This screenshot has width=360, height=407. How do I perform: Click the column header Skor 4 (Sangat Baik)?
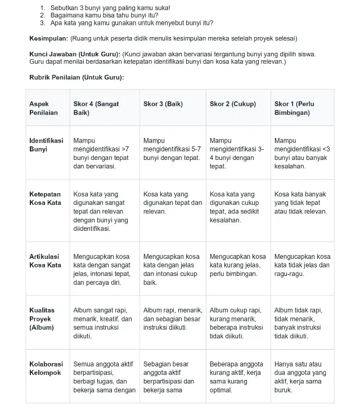click(x=96, y=108)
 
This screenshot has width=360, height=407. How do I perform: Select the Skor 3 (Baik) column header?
click(x=163, y=104)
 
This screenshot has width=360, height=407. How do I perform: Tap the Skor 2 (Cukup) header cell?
click(x=232, y=104)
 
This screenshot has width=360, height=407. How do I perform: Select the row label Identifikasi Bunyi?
click(x=46, y=145)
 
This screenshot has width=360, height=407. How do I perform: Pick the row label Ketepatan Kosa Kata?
click(x=45, y=198)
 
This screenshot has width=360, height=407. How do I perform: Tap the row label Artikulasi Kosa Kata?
click(x=45, y=261)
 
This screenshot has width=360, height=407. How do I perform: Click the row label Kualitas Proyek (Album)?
click(x=42, y=319)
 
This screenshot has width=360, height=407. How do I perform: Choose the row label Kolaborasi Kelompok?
click(x=45, y=368)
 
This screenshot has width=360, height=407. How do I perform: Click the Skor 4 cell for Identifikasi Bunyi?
click(x=101, y=153)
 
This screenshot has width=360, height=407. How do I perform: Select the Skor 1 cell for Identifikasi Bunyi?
click(x=302, y=153)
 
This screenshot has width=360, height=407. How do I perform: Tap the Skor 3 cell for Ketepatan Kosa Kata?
click(x=172, y=203)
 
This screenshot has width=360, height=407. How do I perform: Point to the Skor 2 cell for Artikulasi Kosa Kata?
click(x=237, y=265)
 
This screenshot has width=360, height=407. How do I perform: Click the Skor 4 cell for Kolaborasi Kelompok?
click(x=104, y=377)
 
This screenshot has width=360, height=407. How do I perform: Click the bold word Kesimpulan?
click(x=49, y=38)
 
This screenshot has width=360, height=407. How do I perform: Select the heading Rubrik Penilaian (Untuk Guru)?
click(x=76, y=77)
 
